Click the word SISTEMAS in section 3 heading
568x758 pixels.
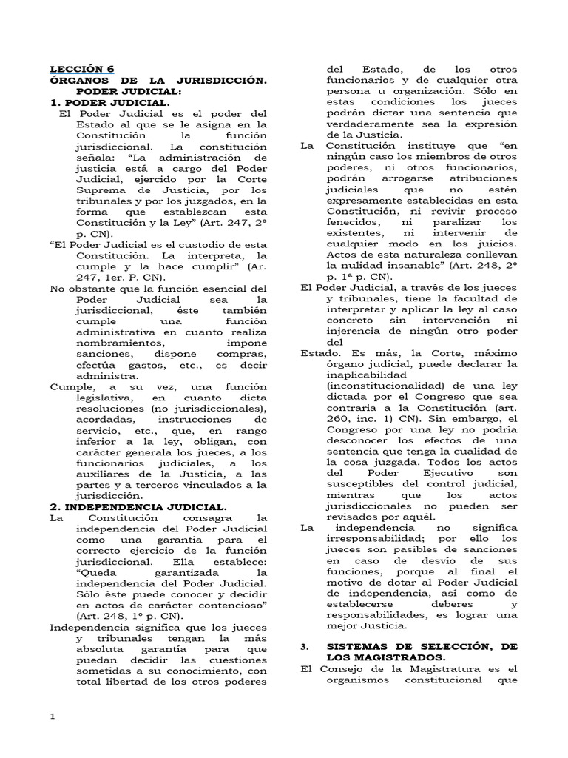point(363,646)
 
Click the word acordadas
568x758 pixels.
point(97,420)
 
